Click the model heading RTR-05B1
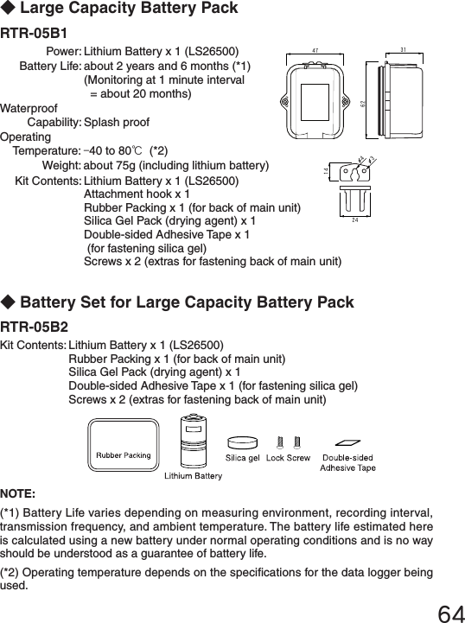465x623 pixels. pos(34,35)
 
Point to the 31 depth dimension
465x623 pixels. pos(405,49)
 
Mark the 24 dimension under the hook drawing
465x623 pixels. pos(354,220)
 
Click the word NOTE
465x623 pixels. pos(17,494)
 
